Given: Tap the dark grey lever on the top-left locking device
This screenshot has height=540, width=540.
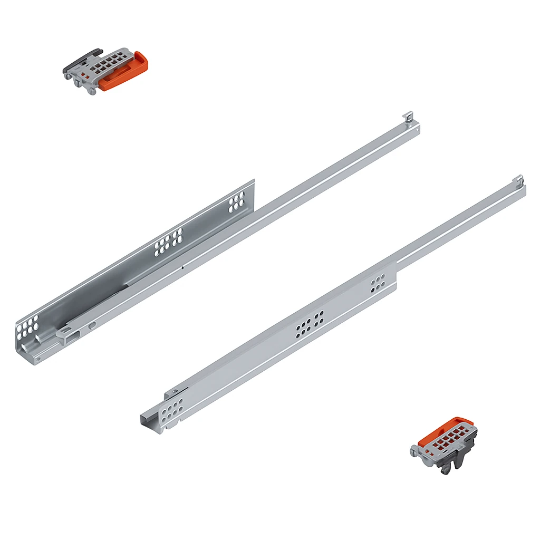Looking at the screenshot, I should [x=84, y=59].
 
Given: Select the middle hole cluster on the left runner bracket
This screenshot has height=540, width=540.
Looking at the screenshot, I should [x=168, y=242].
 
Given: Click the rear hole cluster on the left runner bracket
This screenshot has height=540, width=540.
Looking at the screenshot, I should [x=236, y=201].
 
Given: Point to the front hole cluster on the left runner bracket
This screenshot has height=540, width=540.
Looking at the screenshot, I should [x=27, y=327].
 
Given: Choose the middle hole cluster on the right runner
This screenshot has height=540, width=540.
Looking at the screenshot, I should [x=310, y=323].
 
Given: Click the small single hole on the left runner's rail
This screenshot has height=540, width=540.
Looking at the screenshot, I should [x=182, y=267].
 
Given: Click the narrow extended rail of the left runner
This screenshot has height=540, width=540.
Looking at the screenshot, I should [x=337, y=169].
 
